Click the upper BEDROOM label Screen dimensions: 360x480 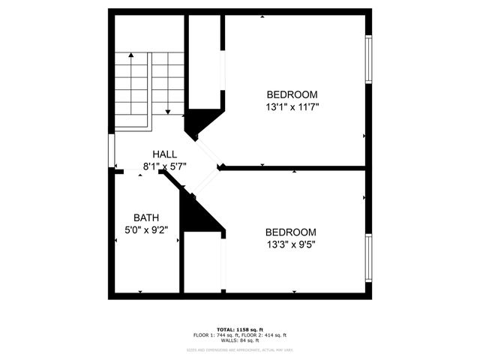[x=292, y=94]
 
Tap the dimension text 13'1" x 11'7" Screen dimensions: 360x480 [x=292, y=107]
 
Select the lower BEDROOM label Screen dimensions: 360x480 [x=291, y=232]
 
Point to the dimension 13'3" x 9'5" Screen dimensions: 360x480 [x=291, y=245]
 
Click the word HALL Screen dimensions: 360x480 [x=164, y=154]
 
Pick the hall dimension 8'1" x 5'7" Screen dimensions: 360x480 [x=164, y=166]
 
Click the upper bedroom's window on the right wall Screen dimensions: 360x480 [x=368, y=58]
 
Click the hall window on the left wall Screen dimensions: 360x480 [x=112, y=151]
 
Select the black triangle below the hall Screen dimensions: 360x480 [x=199, y=214]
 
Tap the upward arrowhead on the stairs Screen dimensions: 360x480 [x=130, y=55]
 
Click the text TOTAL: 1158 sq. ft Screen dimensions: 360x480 [x=240, y=329]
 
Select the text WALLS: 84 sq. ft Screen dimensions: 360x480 [x=240, y=340]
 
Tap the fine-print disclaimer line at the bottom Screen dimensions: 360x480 [x=240, y=349]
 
